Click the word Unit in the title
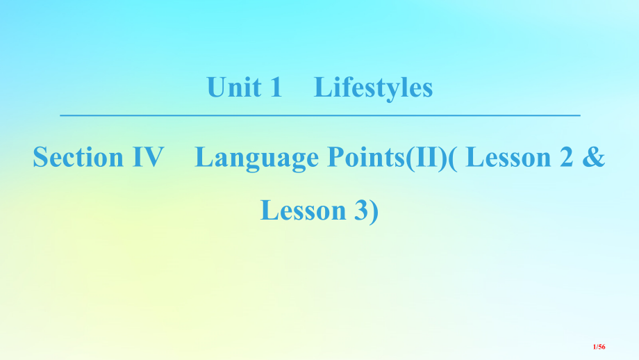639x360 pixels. [x=234, y=88]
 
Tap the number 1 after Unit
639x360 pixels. [x=275, y=88]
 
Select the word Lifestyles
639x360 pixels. [x=373, y=89]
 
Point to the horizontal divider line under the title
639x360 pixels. [x=319, y=115]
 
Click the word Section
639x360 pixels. [x=78, y=158]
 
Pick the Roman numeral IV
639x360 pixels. [x=147, y=158]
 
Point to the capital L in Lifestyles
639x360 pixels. [x=322, y=88]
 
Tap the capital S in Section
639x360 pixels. [x=40, y=158]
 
